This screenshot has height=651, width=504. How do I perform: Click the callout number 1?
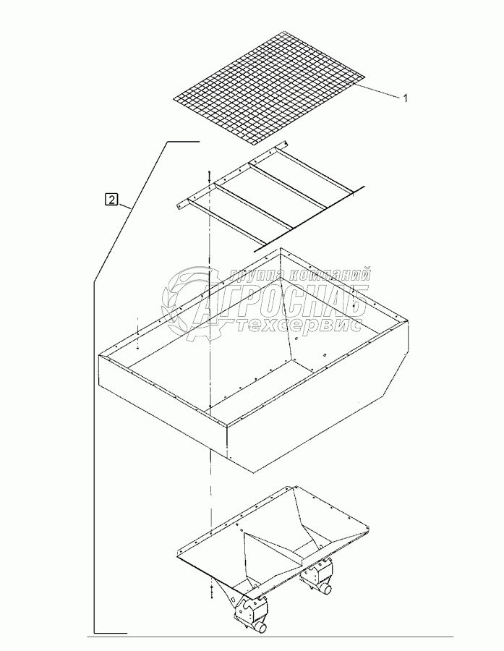tap(405, 98)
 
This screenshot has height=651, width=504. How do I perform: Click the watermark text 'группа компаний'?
tap(300, 275)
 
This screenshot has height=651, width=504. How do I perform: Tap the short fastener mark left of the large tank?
tap(136, 333)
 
